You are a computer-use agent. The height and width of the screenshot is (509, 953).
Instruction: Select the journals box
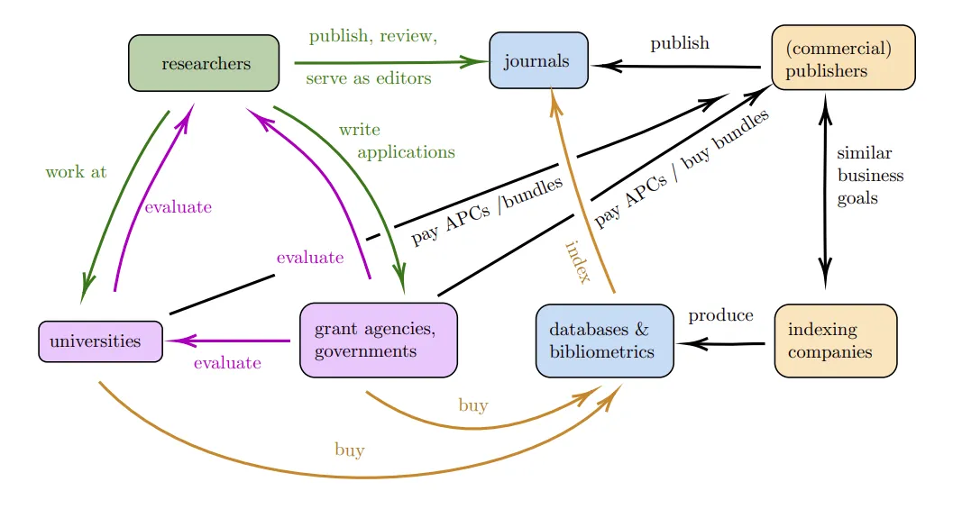[x=538, y=61]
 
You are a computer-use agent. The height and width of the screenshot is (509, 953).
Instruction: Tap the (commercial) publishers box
[x=842, y=59]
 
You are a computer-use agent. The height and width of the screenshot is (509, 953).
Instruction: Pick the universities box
[x=100, y=341]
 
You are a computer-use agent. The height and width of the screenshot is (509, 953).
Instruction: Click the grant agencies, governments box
[x=378, y=340]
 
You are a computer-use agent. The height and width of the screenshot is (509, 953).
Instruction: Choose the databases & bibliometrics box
[x=604, y=341]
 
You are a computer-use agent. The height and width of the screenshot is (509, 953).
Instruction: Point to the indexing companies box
[x=835, y=341]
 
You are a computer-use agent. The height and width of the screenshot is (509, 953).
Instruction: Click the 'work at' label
[x=76, y=172]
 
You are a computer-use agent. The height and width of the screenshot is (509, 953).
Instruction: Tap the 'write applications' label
[x=397, y=141]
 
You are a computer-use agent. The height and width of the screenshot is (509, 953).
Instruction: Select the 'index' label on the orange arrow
[x=577, y=262]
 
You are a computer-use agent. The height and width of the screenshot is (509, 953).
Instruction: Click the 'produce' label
[x=720, y=315]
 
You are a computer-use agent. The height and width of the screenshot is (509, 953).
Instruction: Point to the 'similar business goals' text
[x=869, y=175]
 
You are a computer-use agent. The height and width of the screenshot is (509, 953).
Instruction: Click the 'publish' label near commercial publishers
[x=680, y=43]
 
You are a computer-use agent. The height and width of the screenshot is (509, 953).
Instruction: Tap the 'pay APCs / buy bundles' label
[x=682, y=168]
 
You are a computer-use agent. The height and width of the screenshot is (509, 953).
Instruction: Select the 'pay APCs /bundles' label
[x=487, y=211]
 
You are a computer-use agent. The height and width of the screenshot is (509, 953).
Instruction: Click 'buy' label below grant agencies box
[x=472, y=405]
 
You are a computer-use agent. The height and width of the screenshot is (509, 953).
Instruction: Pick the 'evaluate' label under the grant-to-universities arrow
[x=227, y=363]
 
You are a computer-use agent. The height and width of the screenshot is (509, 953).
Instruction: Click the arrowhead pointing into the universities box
[x=177, y=341]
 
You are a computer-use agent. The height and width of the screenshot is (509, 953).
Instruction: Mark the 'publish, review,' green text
[x=372, y=37]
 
